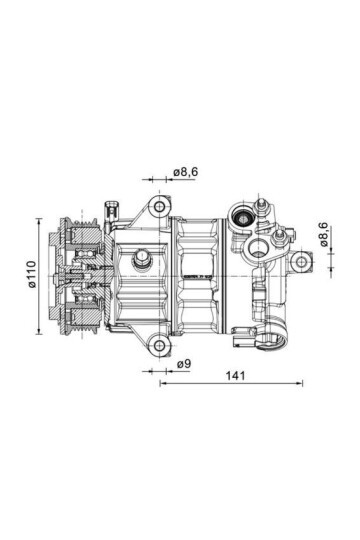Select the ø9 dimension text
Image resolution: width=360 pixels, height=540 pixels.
coord(183,364)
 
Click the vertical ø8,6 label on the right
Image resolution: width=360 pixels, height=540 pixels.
coord(324,235)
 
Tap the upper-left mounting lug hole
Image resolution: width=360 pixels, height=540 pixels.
coord(157,208)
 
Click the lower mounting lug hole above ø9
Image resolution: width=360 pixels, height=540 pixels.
coord(158,346)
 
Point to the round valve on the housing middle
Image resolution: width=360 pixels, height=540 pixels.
coord(141,262)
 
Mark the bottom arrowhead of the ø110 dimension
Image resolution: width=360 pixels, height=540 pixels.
coord(41,331)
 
